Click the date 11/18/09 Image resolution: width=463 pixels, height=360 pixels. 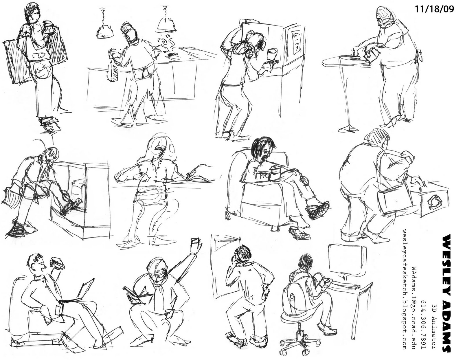coord(434,9)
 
